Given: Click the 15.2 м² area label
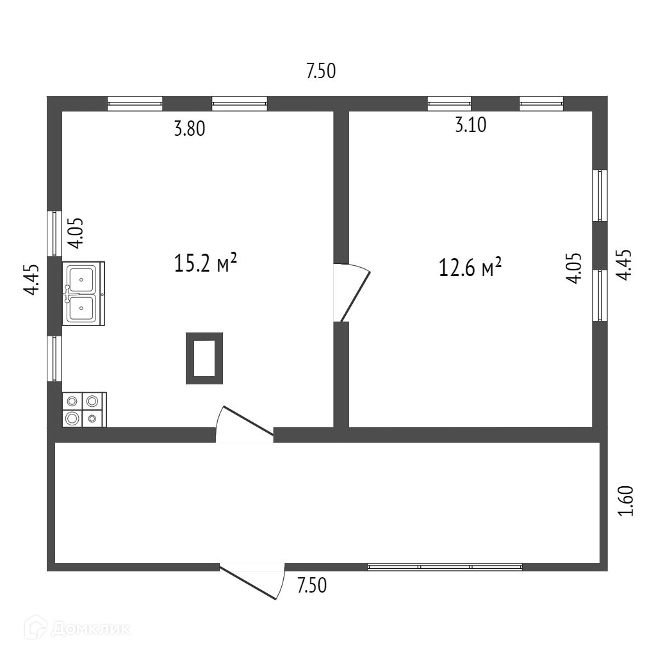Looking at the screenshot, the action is [x=206, y=263].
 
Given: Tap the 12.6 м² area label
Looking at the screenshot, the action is [x=470, y=267].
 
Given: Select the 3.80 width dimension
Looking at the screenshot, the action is [x=189, y=129].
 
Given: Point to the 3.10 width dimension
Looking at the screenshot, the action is [x=470, y=125].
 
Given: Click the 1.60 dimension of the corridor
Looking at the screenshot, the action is [x=627, y=502].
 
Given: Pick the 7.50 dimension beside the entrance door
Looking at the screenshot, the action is [x=311, y=586].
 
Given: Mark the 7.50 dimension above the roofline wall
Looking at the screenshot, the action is [x=321, y=71].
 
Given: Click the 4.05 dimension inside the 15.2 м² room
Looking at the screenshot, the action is [x=76, y=233].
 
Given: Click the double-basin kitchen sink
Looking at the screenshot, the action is [x=83, y=292].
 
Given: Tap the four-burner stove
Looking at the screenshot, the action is [x=84, y=409].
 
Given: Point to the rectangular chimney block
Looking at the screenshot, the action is [x=204, y=358].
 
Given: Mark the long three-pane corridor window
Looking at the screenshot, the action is [x=445, y=567].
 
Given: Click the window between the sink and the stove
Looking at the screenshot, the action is [x=54, y=358].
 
